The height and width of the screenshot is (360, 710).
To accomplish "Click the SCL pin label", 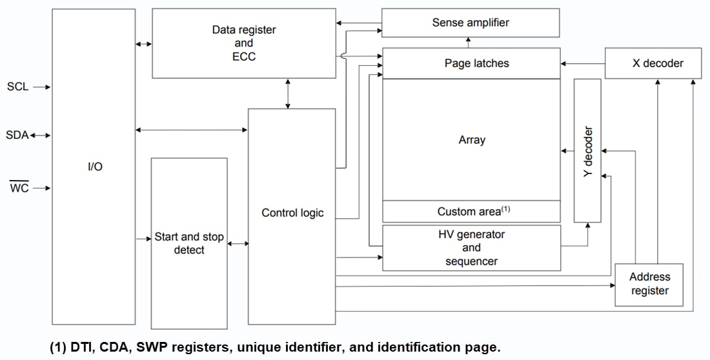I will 17,86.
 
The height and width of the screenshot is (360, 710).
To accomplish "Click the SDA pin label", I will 17,135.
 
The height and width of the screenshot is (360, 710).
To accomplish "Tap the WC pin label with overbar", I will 19,188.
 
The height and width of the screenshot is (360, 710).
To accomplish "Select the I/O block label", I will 94,166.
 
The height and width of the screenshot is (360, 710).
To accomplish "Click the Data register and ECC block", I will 243,43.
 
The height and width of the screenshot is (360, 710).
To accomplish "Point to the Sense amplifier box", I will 470,23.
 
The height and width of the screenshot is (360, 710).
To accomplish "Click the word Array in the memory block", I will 471,139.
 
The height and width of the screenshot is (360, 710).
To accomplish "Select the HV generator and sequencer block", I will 471,248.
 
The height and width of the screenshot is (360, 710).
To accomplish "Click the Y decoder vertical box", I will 587,152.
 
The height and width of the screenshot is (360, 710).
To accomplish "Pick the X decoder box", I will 653,63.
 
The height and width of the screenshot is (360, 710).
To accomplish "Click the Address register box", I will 649,284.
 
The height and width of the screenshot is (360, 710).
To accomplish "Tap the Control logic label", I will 292,213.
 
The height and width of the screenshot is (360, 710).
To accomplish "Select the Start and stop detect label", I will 189,243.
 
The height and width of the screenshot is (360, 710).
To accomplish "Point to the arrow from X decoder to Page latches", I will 582,63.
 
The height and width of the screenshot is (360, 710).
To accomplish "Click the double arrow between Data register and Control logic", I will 288,93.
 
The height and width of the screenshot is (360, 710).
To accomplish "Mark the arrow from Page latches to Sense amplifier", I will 469,42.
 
